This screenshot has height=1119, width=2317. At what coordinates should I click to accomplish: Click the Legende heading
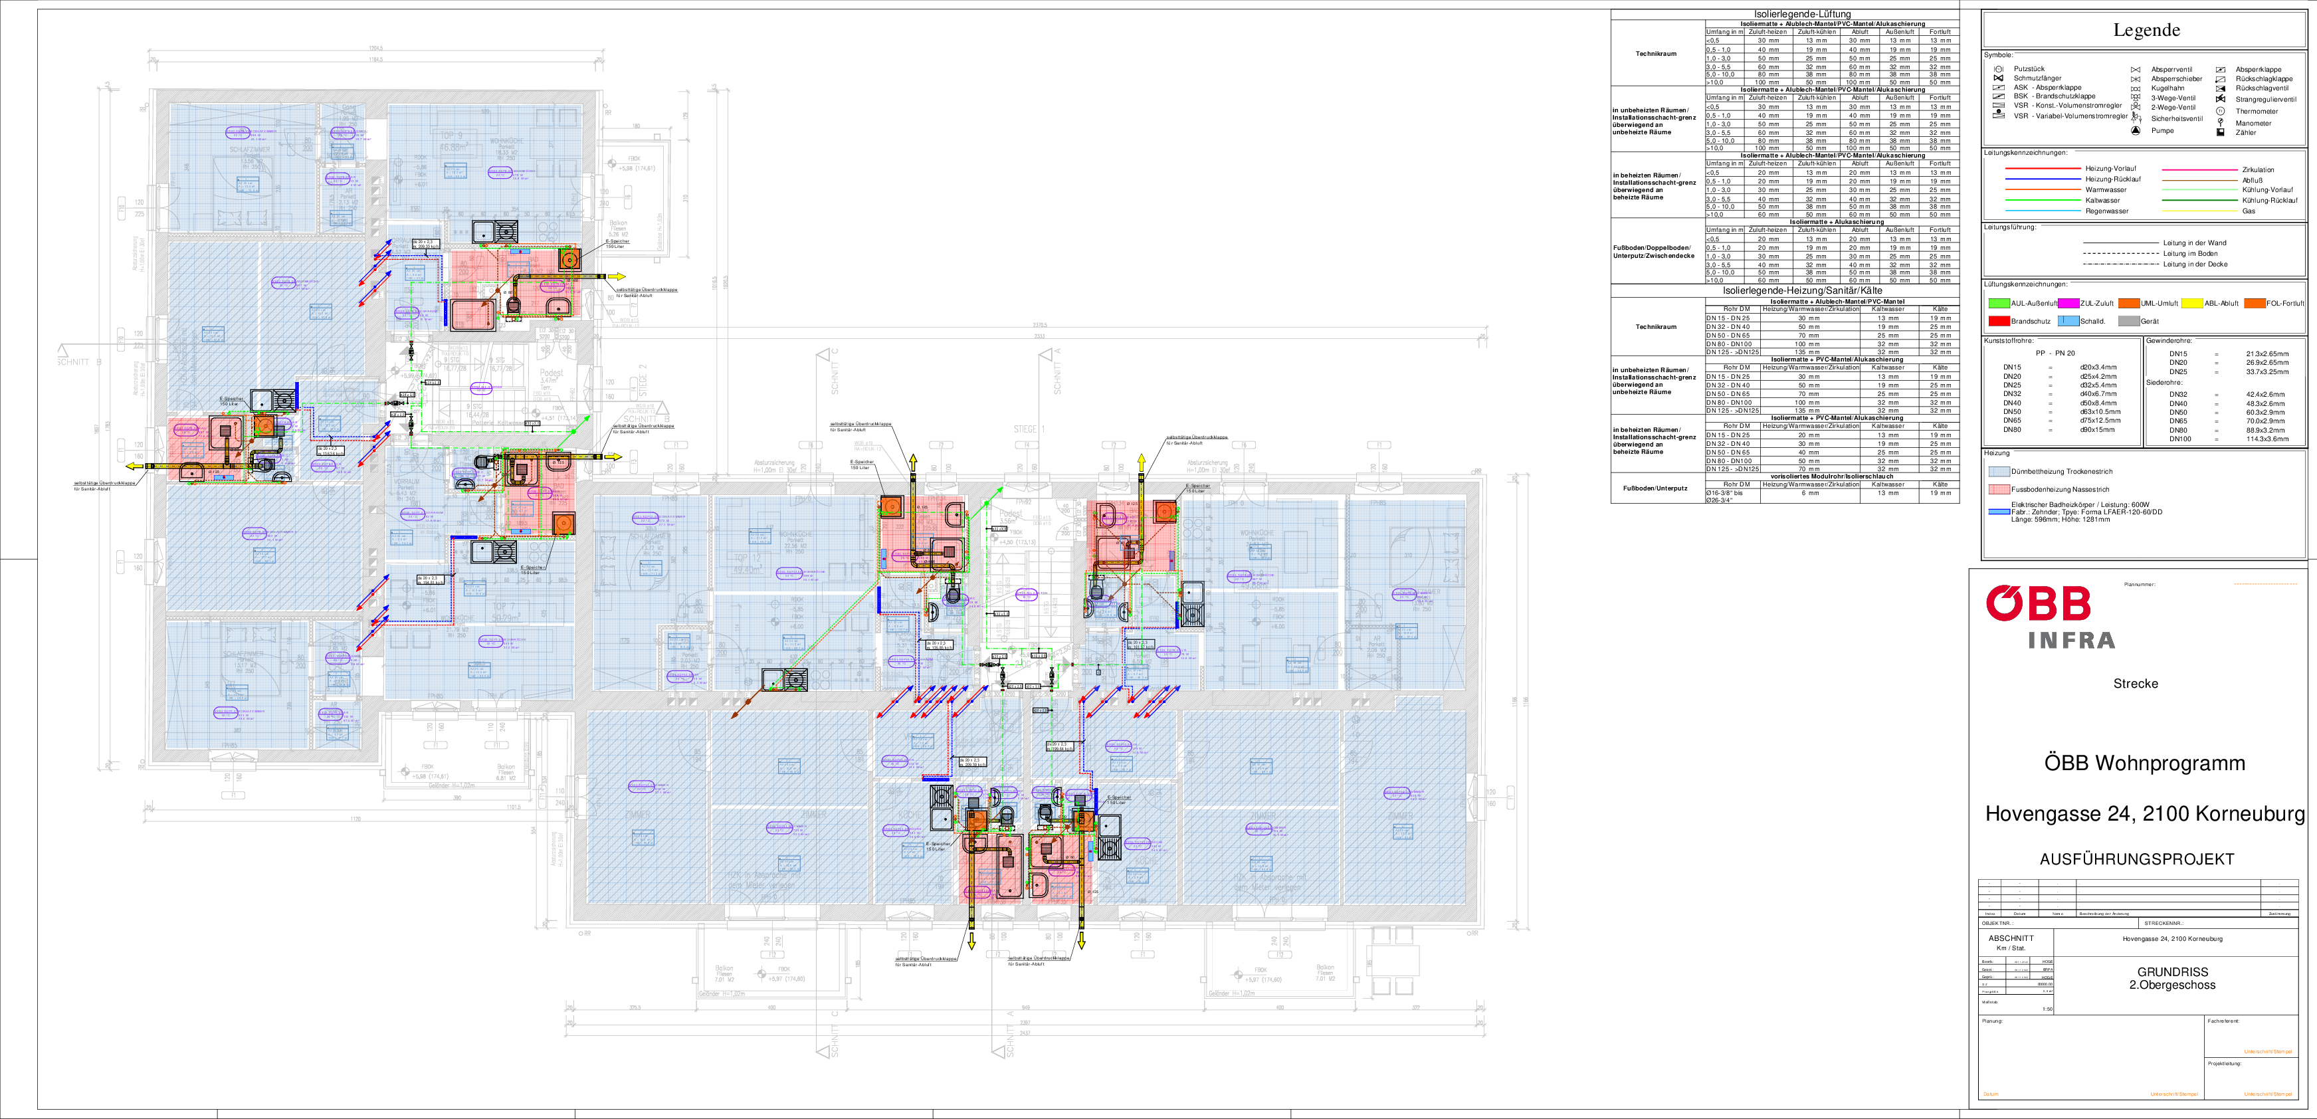pos(2146,30)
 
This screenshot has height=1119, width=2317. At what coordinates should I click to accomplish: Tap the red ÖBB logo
pos(2038,603)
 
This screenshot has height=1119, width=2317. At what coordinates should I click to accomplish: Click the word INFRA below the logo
pos(2071,641)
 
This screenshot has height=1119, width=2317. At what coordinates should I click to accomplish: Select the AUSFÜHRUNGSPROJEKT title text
pos(2136,859)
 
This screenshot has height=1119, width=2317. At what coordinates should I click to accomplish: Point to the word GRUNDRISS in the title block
pos(2172,971)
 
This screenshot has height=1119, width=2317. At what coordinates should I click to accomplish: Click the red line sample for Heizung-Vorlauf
pos(2043,168)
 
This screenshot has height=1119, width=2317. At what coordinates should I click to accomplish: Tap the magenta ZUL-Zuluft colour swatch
pos(2068,303)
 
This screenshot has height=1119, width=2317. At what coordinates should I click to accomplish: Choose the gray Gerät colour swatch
pos(2128,321)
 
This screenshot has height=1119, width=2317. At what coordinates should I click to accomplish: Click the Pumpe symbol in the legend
pos(2136,130)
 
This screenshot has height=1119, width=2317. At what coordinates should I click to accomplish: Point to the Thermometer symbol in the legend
pos(2220,112)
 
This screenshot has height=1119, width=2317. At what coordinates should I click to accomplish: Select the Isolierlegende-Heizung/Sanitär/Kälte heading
pos(1795,290)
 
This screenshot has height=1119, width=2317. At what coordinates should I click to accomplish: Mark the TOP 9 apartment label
pos(450,136)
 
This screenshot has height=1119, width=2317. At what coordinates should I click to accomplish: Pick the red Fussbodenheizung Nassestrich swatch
pos(1999,489)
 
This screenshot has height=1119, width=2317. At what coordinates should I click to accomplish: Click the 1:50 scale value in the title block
pos(2047,1009)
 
